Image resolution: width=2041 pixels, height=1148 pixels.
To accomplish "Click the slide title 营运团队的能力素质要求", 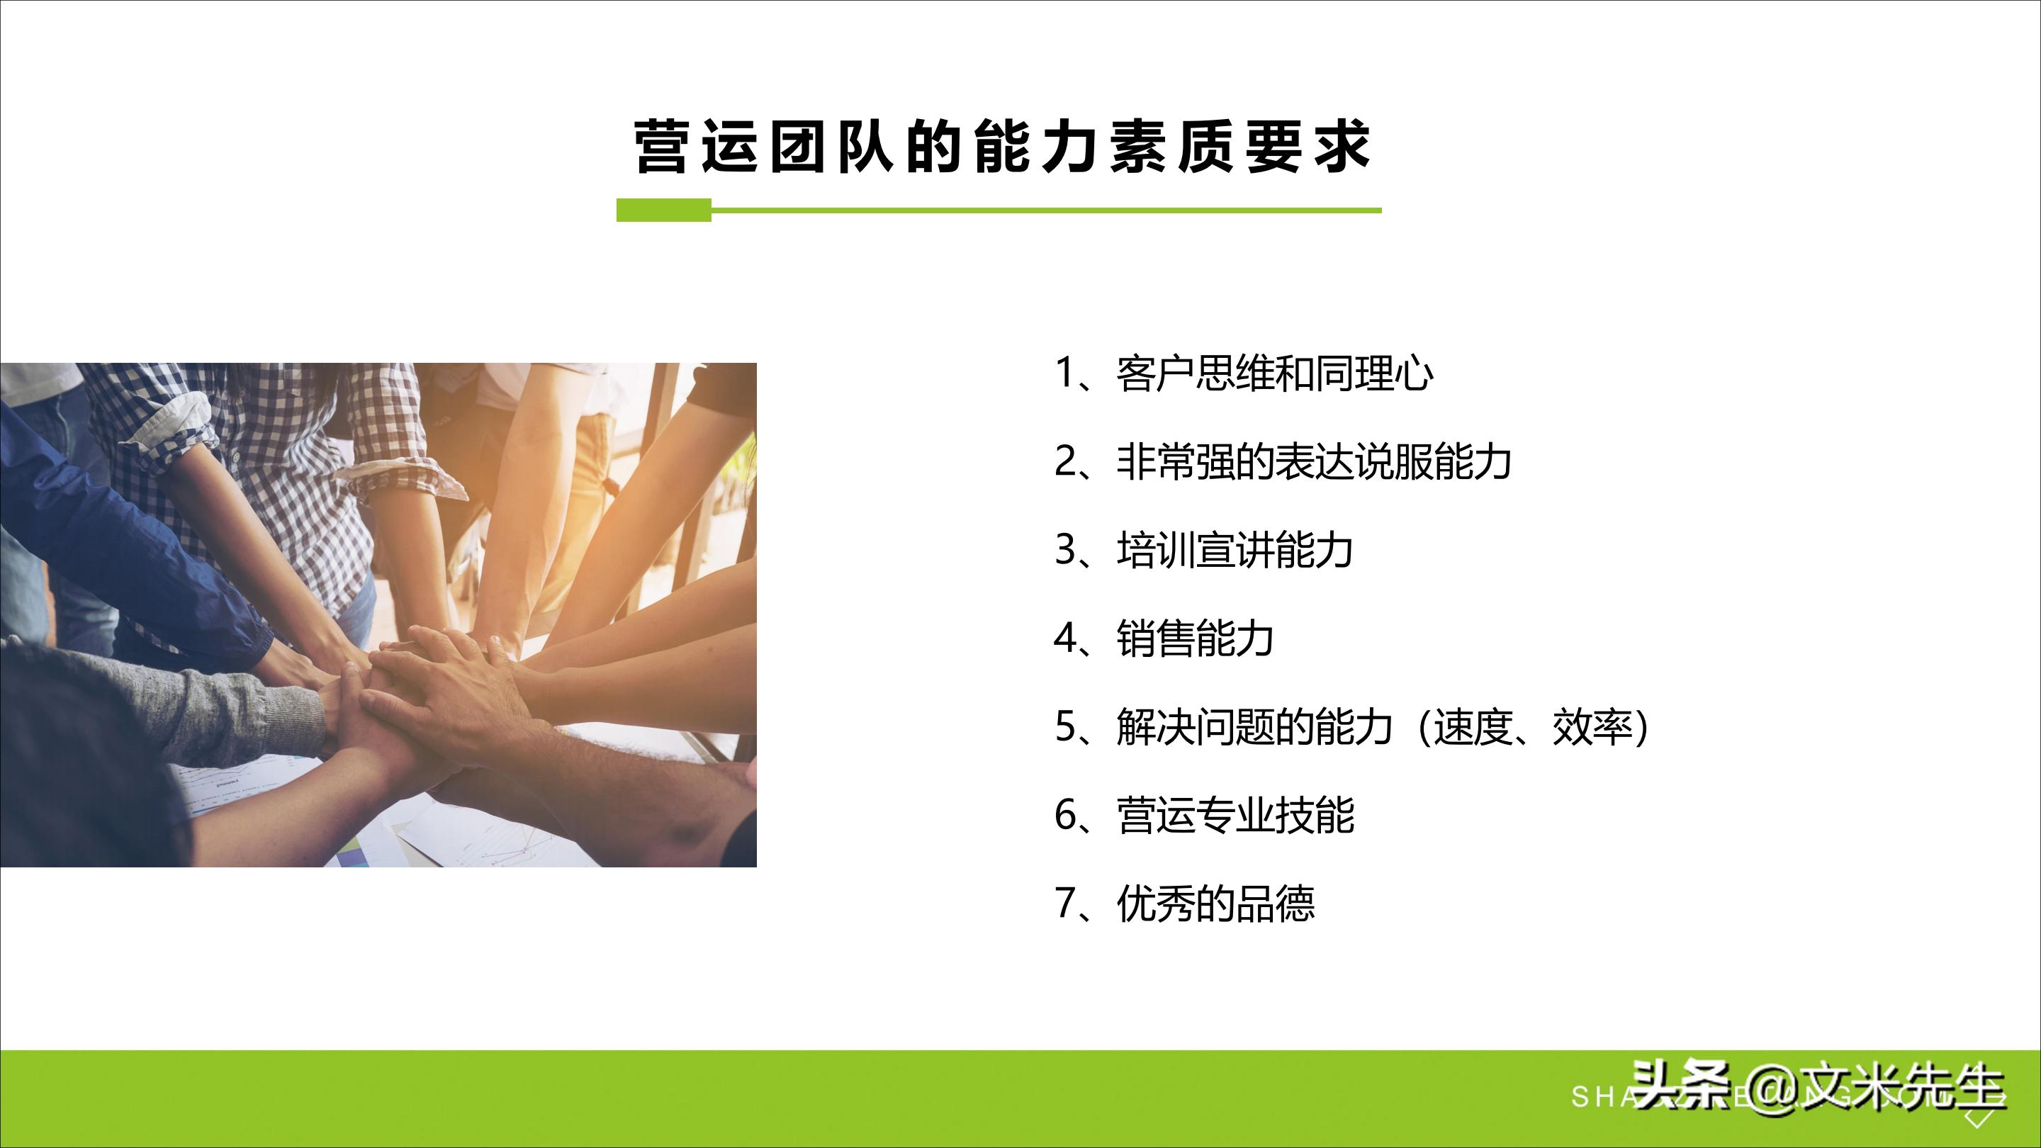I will (x=1002, y=147).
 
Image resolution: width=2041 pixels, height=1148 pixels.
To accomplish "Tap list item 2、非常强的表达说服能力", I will (x=1283, y=461).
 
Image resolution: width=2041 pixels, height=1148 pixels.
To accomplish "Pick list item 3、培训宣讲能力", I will (x=1203, y=550).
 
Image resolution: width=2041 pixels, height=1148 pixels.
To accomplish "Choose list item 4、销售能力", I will (x=1164, y=638).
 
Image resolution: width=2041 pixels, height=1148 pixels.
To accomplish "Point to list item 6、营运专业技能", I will (x=1203, y=815).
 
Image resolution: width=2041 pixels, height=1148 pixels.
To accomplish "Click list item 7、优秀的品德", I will (x=1184, y=904).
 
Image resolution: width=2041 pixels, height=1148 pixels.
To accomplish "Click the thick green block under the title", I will (x=664, y=210).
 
